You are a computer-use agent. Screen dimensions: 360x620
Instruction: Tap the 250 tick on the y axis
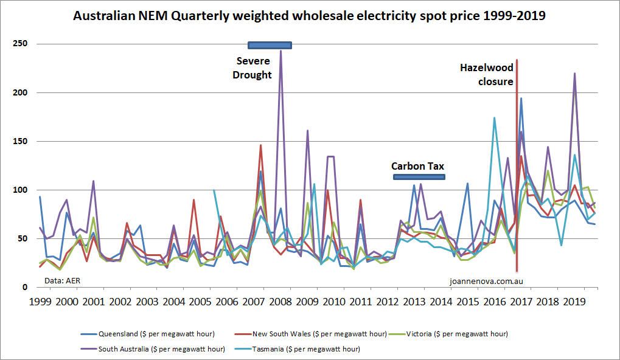[21, 44]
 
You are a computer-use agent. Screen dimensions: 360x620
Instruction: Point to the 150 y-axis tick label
[21, 141]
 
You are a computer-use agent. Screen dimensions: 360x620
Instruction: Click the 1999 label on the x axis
[40, 302]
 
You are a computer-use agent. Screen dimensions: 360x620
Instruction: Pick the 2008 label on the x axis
[282, 302]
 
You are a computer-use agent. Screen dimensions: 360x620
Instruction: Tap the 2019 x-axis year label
[576, 302]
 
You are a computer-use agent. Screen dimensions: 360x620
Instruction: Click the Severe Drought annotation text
[254, 67]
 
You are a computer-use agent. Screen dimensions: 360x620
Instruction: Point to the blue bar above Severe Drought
[270, 45]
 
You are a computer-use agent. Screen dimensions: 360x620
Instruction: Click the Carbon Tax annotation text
[417, 165]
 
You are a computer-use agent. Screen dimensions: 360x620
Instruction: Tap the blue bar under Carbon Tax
[419, 177]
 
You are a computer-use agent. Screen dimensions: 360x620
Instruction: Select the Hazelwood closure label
[486, 75]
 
